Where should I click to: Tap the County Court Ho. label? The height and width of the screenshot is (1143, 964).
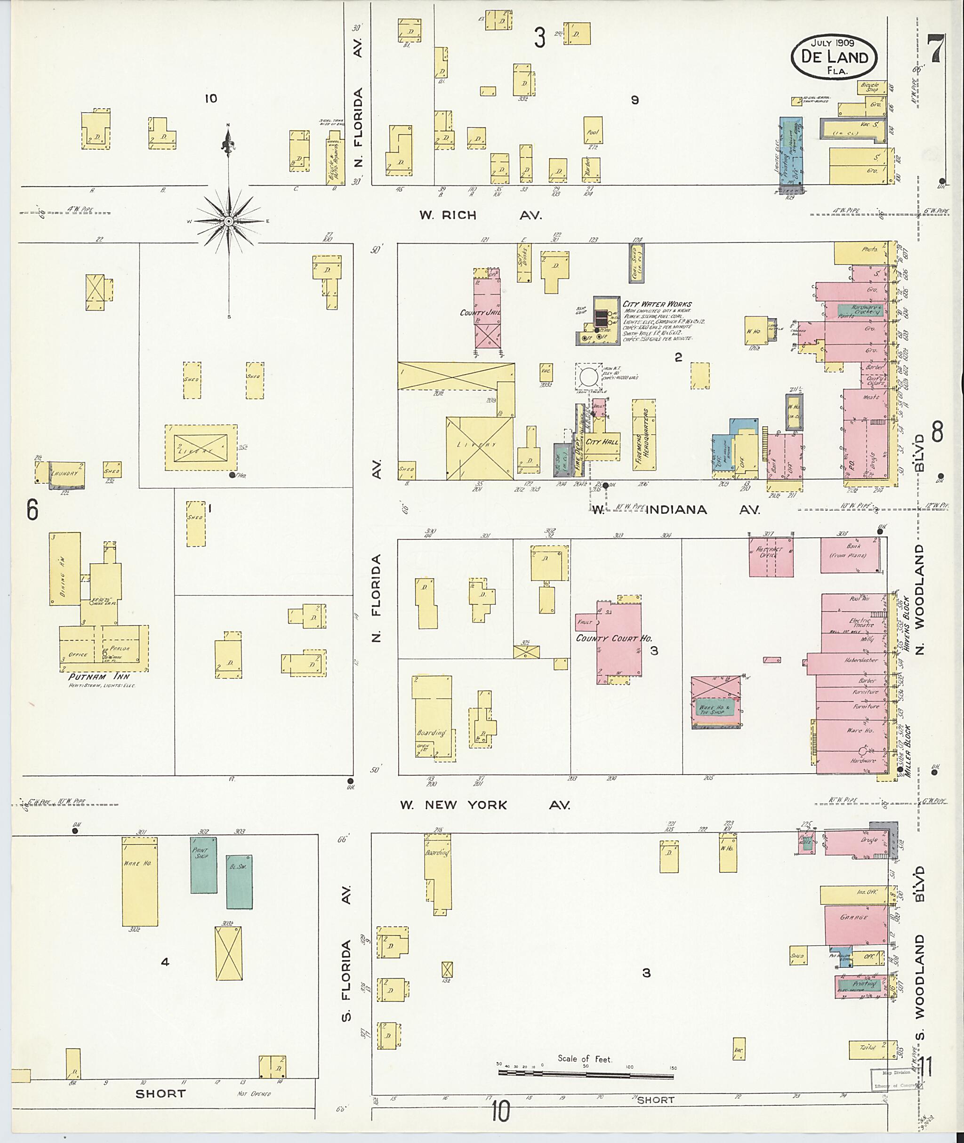tap(614, 638)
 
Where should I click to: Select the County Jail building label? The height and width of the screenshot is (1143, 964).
tap(478, 313)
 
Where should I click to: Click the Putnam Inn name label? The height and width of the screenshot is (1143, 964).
tap(99, 676)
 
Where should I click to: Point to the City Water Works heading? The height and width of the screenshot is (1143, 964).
tap(657, 304)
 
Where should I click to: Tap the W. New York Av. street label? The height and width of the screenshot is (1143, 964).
tap(483, 805)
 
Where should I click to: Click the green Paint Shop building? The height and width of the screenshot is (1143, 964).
tap(203, 865)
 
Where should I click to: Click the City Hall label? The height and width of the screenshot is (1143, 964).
tap(602, 441)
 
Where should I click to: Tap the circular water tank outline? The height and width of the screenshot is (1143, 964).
tap(588, 377)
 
